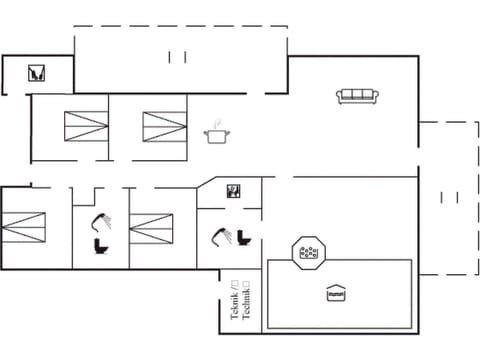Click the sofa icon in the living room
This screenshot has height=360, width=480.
click(357, 95)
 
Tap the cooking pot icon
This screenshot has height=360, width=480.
click(215, 136)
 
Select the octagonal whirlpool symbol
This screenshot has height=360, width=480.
click(309, 252)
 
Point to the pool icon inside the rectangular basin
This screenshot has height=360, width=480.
click(337, 293)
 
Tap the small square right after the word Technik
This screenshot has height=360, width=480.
click(246, 285)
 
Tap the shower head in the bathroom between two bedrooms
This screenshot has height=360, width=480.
click(100, 221)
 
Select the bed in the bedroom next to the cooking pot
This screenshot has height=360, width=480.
click(164, 127)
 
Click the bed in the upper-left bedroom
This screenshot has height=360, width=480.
click(85, 127)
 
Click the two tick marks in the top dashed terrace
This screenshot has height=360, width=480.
click(178, 55)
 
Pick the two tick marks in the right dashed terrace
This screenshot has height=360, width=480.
click(449, 198)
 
